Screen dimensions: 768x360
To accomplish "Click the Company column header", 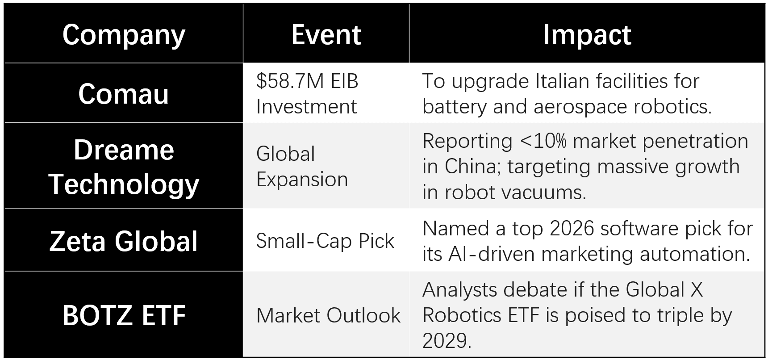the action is (x=124, y=35).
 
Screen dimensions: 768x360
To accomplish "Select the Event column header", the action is (x=326, y=35).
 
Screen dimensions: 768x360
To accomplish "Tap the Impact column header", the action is (x=587, y=35).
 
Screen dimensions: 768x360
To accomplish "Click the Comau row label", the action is (x=124, y=94).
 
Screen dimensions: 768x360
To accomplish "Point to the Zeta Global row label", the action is (x=124, y=241).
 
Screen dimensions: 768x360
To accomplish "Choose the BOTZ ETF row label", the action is (x=124, y=315).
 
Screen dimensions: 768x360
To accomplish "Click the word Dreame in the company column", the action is (x=124, y=150).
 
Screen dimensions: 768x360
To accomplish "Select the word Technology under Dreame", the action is (x=124, y=184).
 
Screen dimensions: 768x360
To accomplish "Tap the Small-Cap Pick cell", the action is (x=325, y=241).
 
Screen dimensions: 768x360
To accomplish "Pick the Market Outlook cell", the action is (x=328, y=315).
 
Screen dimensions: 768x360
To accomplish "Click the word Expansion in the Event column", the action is (x=302, y=180).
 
